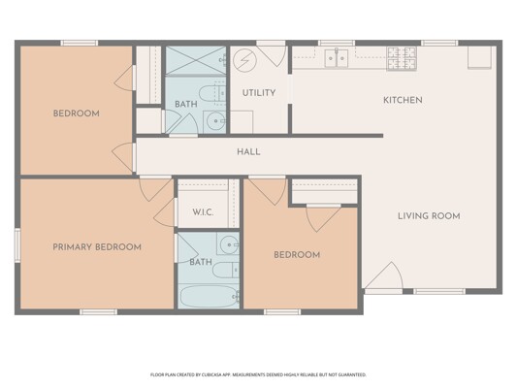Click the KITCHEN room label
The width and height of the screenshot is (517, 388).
[x=403, y=100]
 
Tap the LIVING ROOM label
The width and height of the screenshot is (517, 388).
[x=429, y=216]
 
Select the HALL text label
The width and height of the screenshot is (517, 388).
[x=248, y=152]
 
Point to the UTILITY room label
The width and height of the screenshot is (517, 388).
[x=259, y=93]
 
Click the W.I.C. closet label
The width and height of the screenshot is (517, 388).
[x=203, y=212]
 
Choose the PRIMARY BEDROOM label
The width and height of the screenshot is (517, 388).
[x=97, y=247]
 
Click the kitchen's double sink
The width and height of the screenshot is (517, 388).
[x=336, y=58]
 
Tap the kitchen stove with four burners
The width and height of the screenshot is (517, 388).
[x=402, y=58]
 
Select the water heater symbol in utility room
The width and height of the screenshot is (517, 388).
[x=244, y=60]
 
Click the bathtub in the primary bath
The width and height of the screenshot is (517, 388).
[x=209, y=297]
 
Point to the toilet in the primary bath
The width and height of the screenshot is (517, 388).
[x=226, y=270]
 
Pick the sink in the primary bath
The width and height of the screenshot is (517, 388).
[x=228, y=243]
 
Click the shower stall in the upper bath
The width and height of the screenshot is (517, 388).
[x=196, y=60]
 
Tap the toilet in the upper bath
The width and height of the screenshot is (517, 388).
[x=212, y=93]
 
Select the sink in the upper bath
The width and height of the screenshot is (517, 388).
[x=214, y=122]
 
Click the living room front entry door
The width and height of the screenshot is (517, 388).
[x=384, y=275]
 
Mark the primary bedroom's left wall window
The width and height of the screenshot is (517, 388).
[x=17, y=245]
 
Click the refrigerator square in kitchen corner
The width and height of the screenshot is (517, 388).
[x=479, y=57]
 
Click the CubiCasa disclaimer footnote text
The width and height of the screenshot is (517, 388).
[x=258, y=374]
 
